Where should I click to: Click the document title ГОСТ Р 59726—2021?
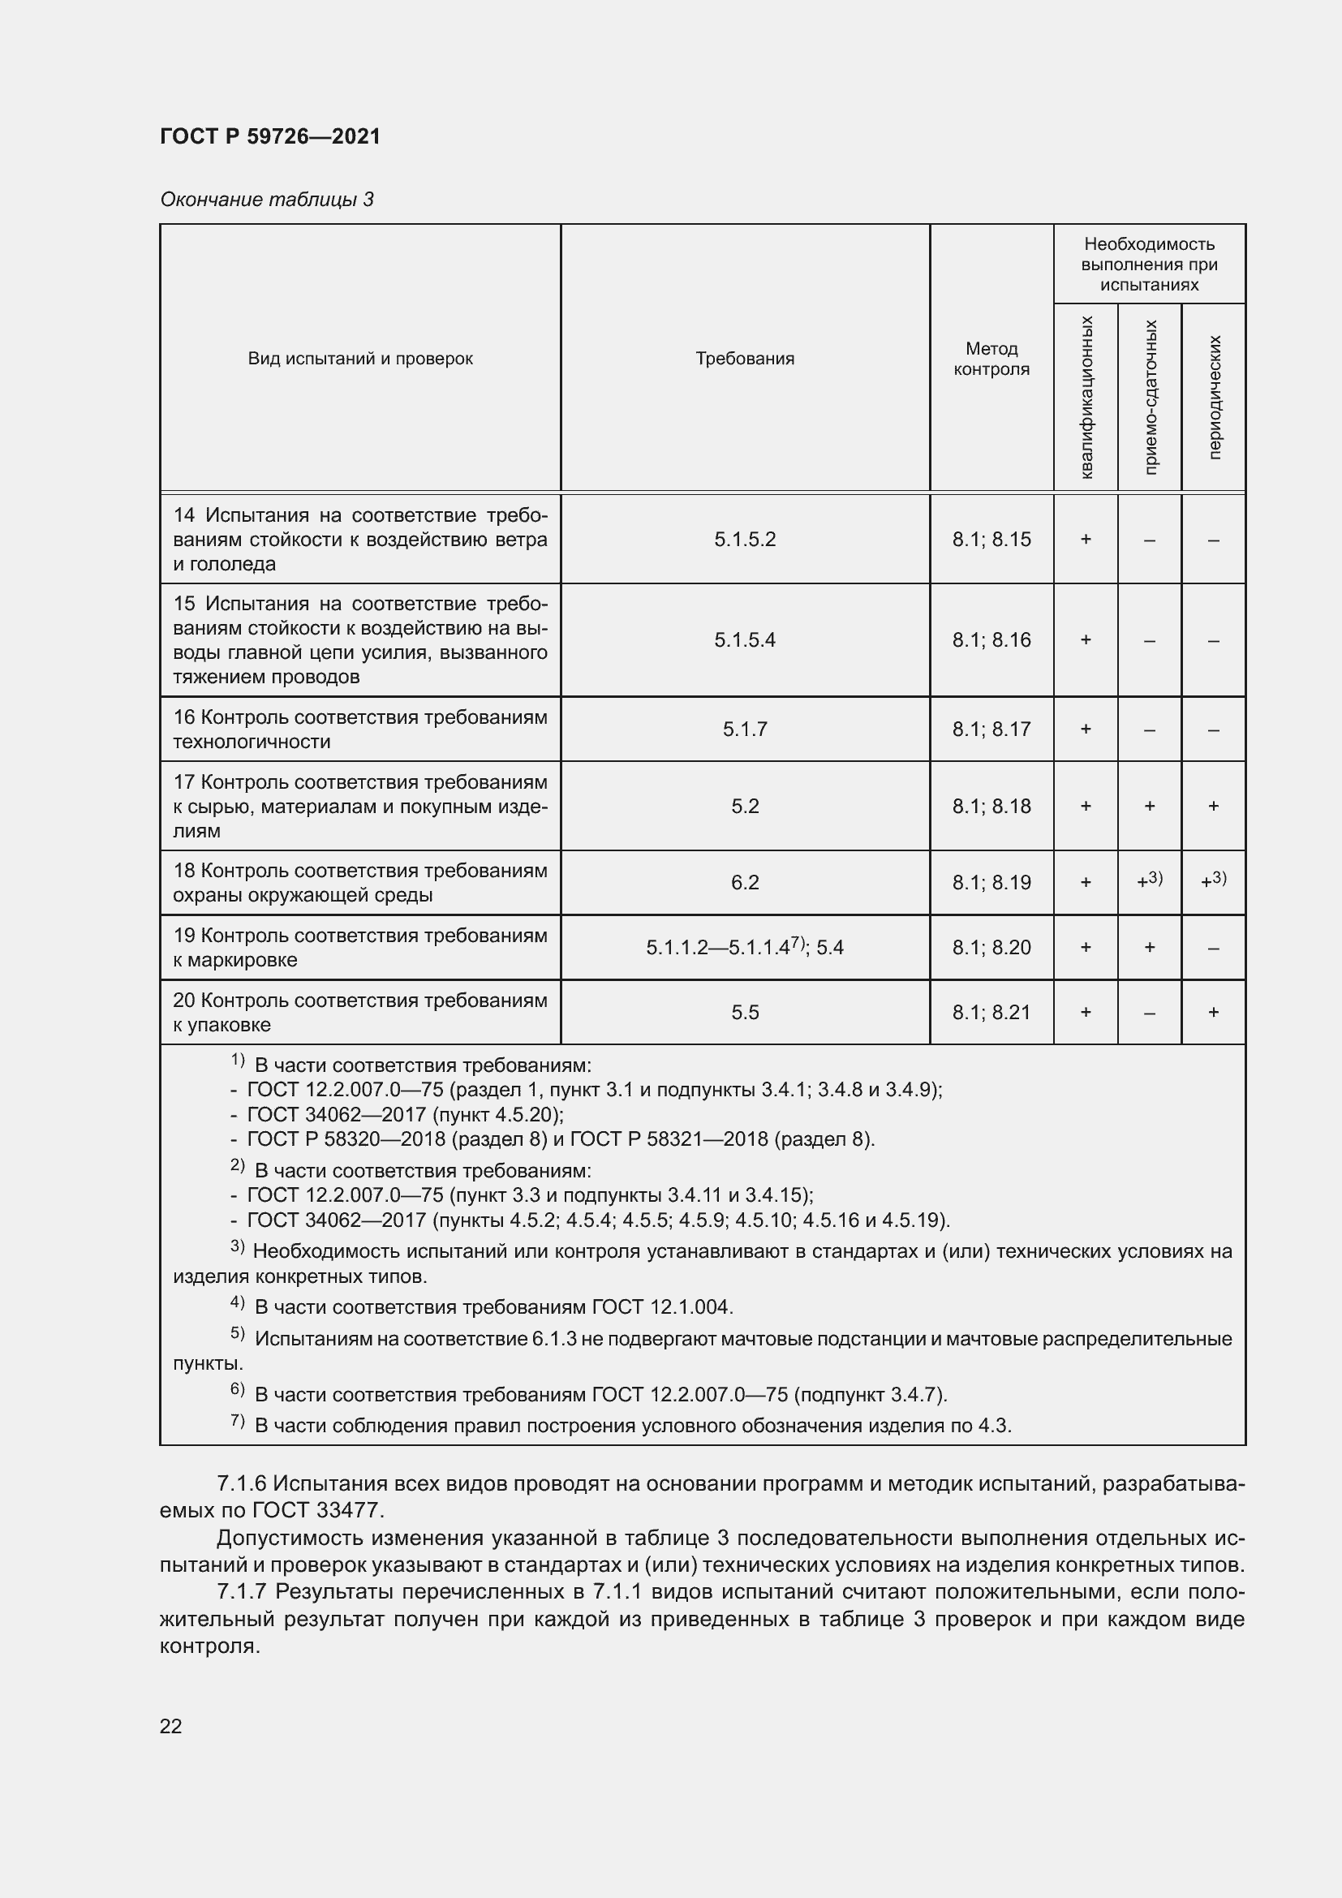(270, 136)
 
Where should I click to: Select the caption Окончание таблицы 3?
(266, 200)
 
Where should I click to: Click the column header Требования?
(745, 359)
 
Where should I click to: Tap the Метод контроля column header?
(991, 359)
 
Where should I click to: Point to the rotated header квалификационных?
(1086, 397)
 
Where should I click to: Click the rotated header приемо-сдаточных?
(1150, 397)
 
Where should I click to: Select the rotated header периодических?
(1213, 397)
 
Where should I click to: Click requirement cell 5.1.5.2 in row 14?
(745, 540)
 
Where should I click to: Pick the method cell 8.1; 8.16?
(991, 639)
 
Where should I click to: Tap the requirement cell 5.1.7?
(745, 730)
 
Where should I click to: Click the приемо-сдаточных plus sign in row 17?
(1150, 806)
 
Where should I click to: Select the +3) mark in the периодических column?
(1213, 881)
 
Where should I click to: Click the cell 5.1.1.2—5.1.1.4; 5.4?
(745, 947)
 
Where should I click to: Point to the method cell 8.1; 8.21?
(991, 1013)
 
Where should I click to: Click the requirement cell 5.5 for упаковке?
(745, 1013)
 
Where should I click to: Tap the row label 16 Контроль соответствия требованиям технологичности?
(359, 730)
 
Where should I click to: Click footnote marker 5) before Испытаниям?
(237, 1333)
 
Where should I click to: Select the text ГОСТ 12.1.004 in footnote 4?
(662, 1307)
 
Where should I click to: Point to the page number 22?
(170, 1726)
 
